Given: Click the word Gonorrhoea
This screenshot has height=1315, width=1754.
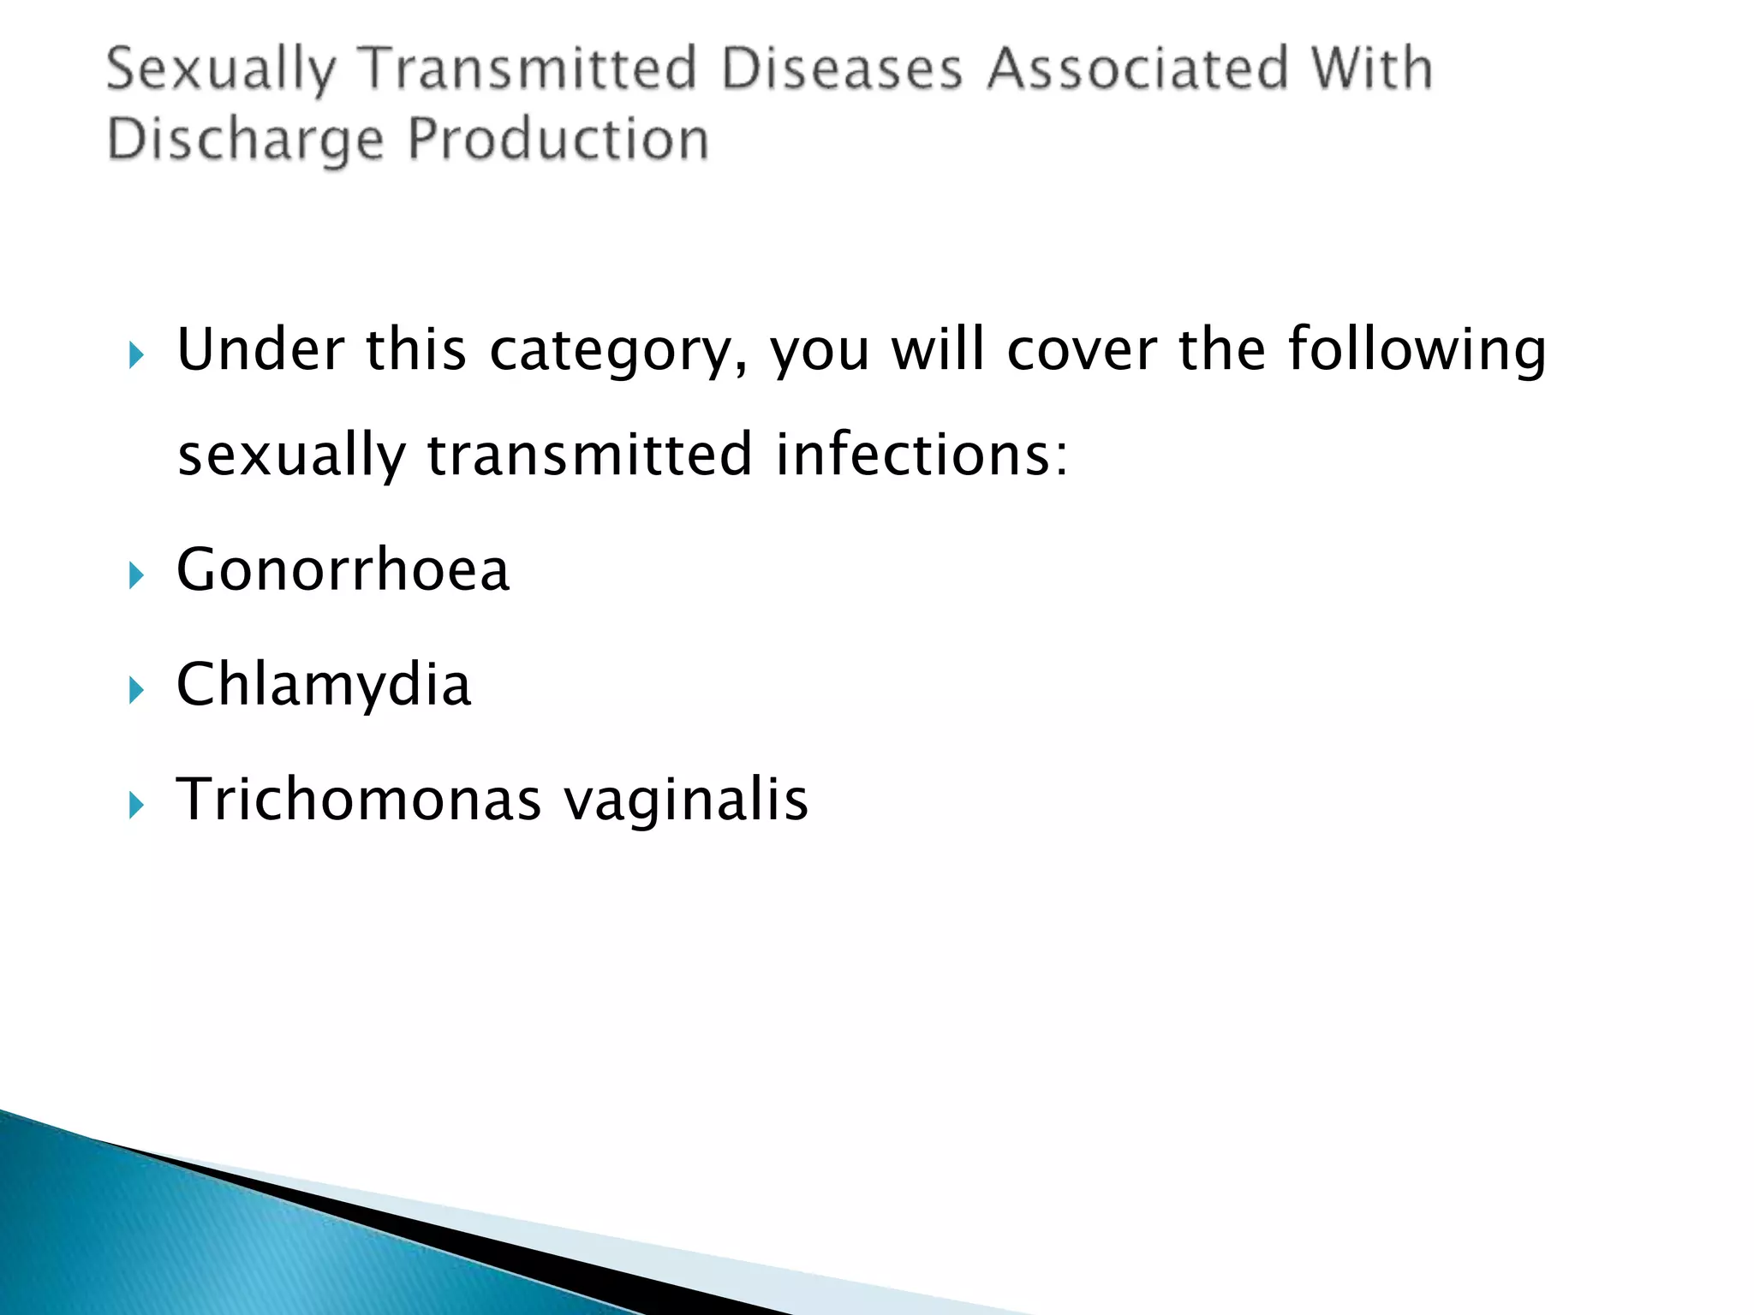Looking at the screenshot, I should (x=343, y=570).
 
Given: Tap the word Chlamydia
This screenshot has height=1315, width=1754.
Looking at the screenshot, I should (x=324, y=685).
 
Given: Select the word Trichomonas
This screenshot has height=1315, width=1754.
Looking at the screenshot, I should (x=359, y=800).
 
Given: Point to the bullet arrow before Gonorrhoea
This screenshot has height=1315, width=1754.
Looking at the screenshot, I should (x=136, y=575).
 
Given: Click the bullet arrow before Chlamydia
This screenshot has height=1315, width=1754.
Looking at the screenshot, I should (x=136, y=690).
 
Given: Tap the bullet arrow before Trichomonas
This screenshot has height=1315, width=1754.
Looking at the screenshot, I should (x=136, y=805).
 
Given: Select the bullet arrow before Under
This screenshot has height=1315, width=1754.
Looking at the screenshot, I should (x=136, y=354).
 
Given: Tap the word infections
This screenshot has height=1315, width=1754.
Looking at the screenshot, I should (x=922, y=455).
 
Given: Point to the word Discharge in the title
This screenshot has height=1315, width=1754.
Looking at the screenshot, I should (x=245, y=140).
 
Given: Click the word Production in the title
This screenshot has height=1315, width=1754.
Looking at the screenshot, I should (x=558, y=140).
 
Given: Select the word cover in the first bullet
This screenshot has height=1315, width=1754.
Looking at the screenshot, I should (x=1082, y=350).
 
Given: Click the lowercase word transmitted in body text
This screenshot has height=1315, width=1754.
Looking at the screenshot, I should (x=589, y=455).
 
